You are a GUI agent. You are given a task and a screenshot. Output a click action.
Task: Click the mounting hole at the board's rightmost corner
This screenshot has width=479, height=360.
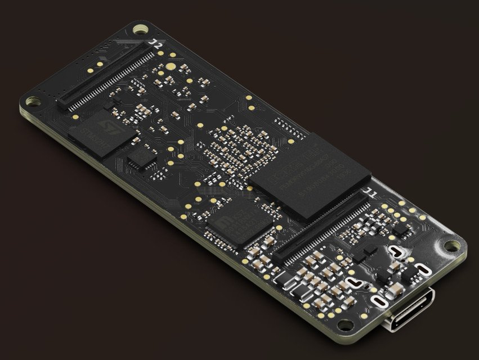(x=451, y=246)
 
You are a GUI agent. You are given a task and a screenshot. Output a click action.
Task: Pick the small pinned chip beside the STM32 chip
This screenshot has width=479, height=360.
(x=141, y=157)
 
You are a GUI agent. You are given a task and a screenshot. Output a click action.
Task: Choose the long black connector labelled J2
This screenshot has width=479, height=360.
(x=107, y=78)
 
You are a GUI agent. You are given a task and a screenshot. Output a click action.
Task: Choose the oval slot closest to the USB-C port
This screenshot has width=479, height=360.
(x=380, y=302)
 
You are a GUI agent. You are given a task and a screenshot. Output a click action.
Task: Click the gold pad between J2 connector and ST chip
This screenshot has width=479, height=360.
(x=75, y=117)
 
